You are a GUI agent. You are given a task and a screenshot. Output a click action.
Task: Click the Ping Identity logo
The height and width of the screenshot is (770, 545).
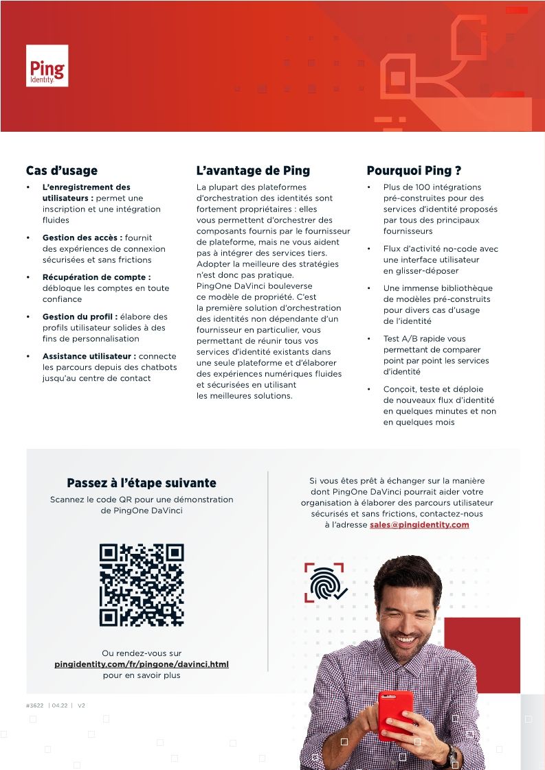(47, 66)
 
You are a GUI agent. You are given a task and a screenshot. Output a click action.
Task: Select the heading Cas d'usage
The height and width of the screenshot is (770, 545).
(62, 171)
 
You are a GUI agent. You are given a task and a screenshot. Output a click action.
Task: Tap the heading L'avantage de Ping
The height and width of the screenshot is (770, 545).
(253, 171)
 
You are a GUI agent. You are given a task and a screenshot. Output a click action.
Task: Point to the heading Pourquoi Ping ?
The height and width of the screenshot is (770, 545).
(414, 171)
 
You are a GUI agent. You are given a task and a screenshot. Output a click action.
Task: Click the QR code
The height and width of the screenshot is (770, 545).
(142, 585)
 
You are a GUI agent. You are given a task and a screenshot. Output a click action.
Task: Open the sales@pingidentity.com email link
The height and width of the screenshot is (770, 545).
(419, 525)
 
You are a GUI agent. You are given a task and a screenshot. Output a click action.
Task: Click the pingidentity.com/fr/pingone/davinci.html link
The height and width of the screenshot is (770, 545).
(142, 664)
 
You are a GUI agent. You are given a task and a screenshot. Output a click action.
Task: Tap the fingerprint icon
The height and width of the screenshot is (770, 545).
(324, 583)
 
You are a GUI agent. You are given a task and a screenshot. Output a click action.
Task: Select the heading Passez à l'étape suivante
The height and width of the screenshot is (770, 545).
(142, 483)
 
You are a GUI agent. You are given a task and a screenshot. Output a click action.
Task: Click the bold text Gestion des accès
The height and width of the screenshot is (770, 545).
(82, 238)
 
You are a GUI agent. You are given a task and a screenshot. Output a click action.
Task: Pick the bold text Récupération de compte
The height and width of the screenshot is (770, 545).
(96, 277)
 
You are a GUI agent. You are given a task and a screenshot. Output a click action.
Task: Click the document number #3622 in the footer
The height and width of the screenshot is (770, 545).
(35, 705)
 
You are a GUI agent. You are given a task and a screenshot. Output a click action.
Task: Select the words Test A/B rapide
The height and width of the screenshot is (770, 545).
(415, 339)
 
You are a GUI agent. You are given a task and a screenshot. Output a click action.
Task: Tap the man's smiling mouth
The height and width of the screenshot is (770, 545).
(405, 639)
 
